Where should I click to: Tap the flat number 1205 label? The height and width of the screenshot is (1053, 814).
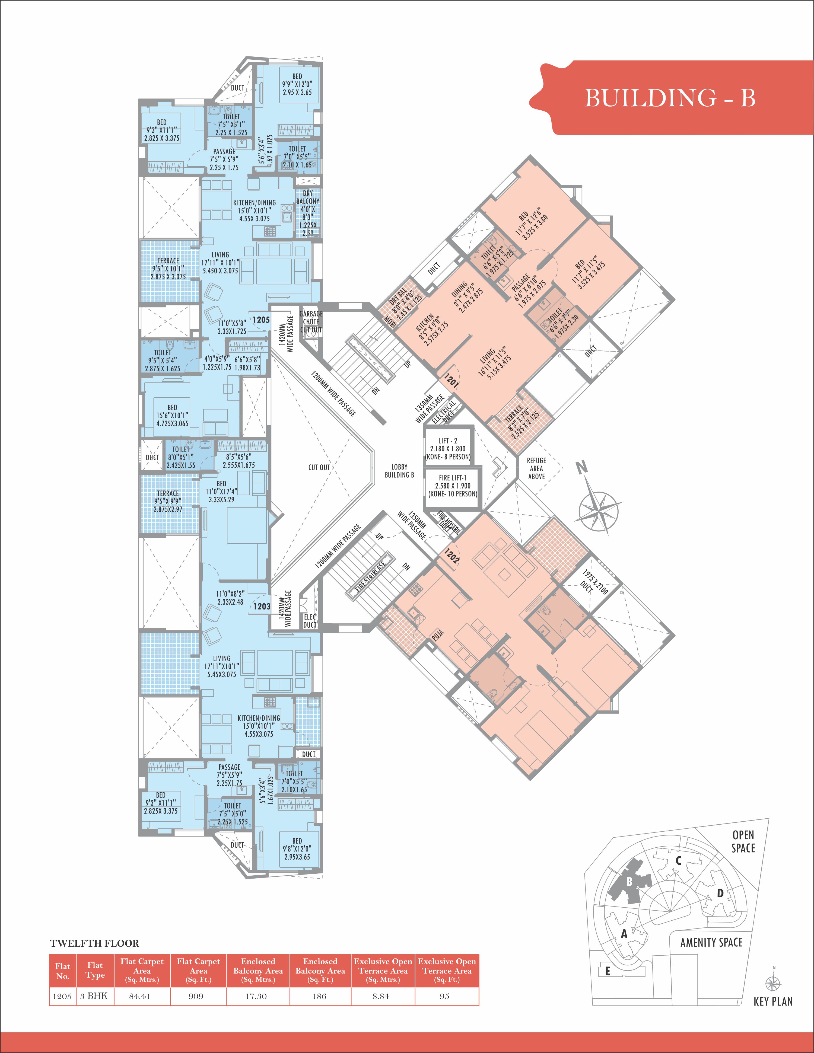coord(261,320)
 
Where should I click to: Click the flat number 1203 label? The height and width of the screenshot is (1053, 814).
coord(262,607)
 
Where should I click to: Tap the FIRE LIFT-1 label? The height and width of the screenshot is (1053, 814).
coord(452,478)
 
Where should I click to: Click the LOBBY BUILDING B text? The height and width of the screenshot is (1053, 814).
coord(399,471)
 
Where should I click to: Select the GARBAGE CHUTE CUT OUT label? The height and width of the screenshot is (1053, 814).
coord(311,322)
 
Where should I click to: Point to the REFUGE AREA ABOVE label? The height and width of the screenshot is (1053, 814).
coord(536,468)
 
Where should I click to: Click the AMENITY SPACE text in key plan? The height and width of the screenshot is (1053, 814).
coord(711,942)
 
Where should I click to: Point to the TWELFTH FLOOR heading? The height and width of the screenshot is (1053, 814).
coord(94,944)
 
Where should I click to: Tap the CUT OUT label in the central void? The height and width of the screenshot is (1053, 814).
coord(319,467)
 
